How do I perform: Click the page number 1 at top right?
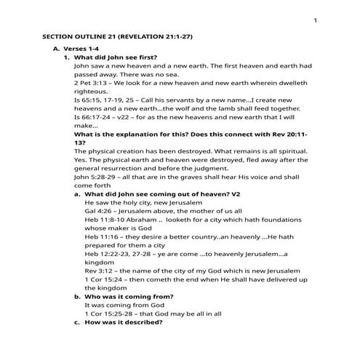point(316,20)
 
